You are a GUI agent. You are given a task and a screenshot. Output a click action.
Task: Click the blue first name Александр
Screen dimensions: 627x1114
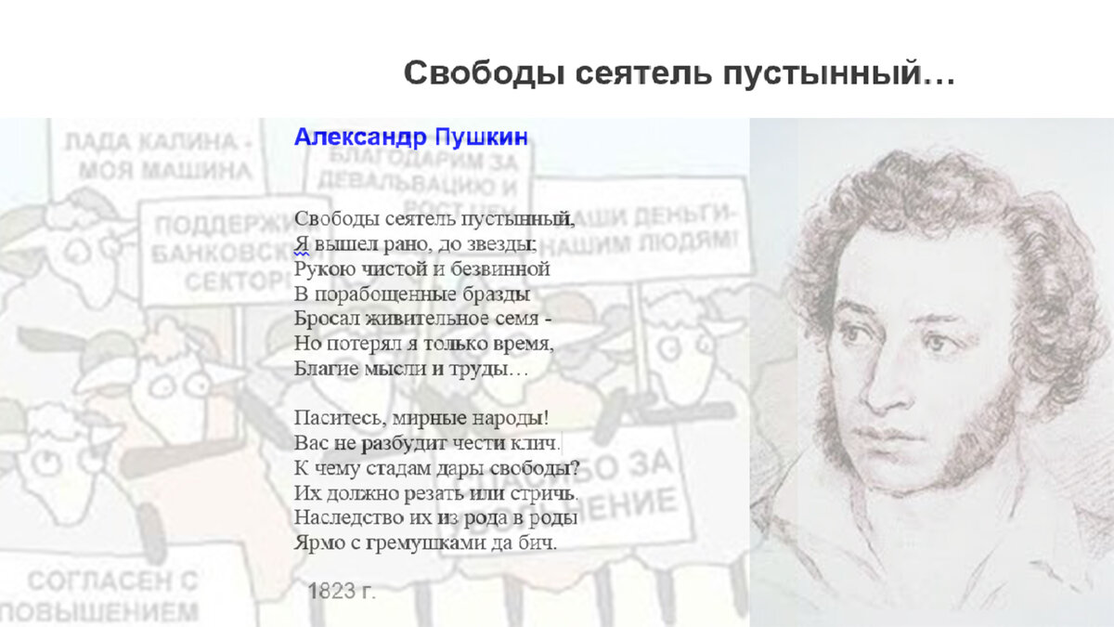pos(360,137)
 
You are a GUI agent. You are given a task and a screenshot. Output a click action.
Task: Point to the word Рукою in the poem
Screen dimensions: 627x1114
pos(321,269)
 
